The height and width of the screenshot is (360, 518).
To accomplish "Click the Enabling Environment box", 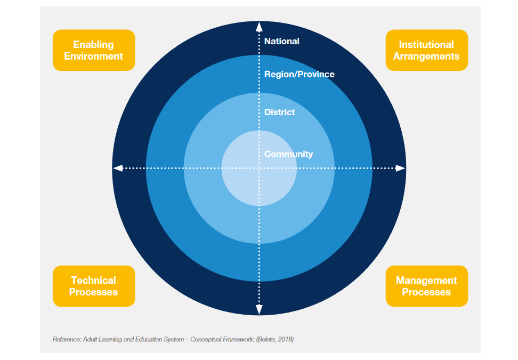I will click(94, 50).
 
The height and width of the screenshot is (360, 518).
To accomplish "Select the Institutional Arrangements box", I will click(426, 50).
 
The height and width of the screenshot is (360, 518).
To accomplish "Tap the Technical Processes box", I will click(94, 286).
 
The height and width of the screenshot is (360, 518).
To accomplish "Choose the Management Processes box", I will click(426, 286).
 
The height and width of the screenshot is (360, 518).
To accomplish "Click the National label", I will click(282, 41).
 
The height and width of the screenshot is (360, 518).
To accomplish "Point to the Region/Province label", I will click(300, 74).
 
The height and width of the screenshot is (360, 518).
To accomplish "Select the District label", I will click(280, 112).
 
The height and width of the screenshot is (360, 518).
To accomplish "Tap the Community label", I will click(288, 154).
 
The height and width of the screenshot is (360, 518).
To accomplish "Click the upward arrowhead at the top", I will click(259, 27).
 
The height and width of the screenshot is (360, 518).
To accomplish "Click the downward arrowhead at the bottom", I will click(259, 310).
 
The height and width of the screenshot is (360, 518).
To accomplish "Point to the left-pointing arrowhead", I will click(118, 168).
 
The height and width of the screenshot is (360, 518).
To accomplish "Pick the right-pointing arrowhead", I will click(400, 168).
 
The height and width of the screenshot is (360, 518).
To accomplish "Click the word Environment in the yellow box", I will click(94, 56).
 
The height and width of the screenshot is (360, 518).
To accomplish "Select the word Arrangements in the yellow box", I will click(426, 56).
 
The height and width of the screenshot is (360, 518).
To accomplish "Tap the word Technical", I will click(94, 281).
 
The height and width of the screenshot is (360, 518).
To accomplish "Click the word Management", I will click(426, 281).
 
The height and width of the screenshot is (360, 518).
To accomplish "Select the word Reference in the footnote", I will click(66, 339).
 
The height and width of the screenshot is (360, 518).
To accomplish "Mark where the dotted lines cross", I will click(259, 168).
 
